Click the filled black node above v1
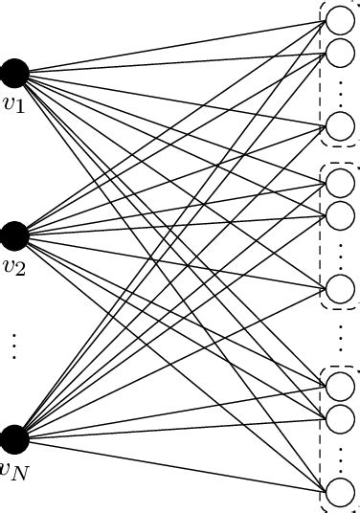14,72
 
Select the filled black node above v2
14,235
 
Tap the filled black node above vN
14,439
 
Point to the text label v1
12,101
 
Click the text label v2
12,265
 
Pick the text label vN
12,470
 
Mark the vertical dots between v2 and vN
13,345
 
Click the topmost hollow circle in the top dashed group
340,18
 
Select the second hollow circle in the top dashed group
340,52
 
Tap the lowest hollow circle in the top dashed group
340,125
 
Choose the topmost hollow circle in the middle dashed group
340,182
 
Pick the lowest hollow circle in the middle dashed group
340,289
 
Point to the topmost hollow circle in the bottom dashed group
340,385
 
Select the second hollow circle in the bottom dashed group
340,418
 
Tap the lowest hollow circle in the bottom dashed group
340,492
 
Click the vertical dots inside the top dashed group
341,89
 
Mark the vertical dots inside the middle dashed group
341,253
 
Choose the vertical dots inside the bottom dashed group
341,457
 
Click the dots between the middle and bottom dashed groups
341,336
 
